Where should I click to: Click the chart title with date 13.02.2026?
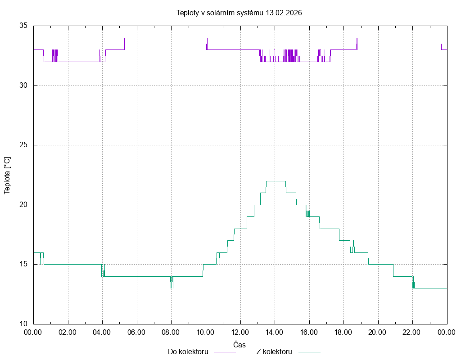coord(239,13)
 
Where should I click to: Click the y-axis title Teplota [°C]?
coord(7,175)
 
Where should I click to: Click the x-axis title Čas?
coord(240,344)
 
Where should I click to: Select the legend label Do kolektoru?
coord(188,351)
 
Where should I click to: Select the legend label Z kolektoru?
coord(274,351)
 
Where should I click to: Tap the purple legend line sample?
coord(225,352)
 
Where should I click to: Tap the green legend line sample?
coord(308,352)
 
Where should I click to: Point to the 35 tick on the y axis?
coord(23,26)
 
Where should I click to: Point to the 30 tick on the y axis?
coord(23,85)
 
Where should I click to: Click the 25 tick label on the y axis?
coord(23,145)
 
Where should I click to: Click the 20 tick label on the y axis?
coord(23,205)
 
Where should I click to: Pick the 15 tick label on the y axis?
coord(23,264)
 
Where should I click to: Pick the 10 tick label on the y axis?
coord(23,324)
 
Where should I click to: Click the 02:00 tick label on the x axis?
coord(68,333)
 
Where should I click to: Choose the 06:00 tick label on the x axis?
coord(137,333)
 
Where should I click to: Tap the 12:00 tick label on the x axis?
coord(240,333)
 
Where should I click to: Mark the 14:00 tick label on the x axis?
coord(275,333)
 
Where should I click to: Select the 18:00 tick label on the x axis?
coord(343,333)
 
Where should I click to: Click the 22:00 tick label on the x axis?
coord(412,333)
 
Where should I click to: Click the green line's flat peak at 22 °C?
coord(276,181)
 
